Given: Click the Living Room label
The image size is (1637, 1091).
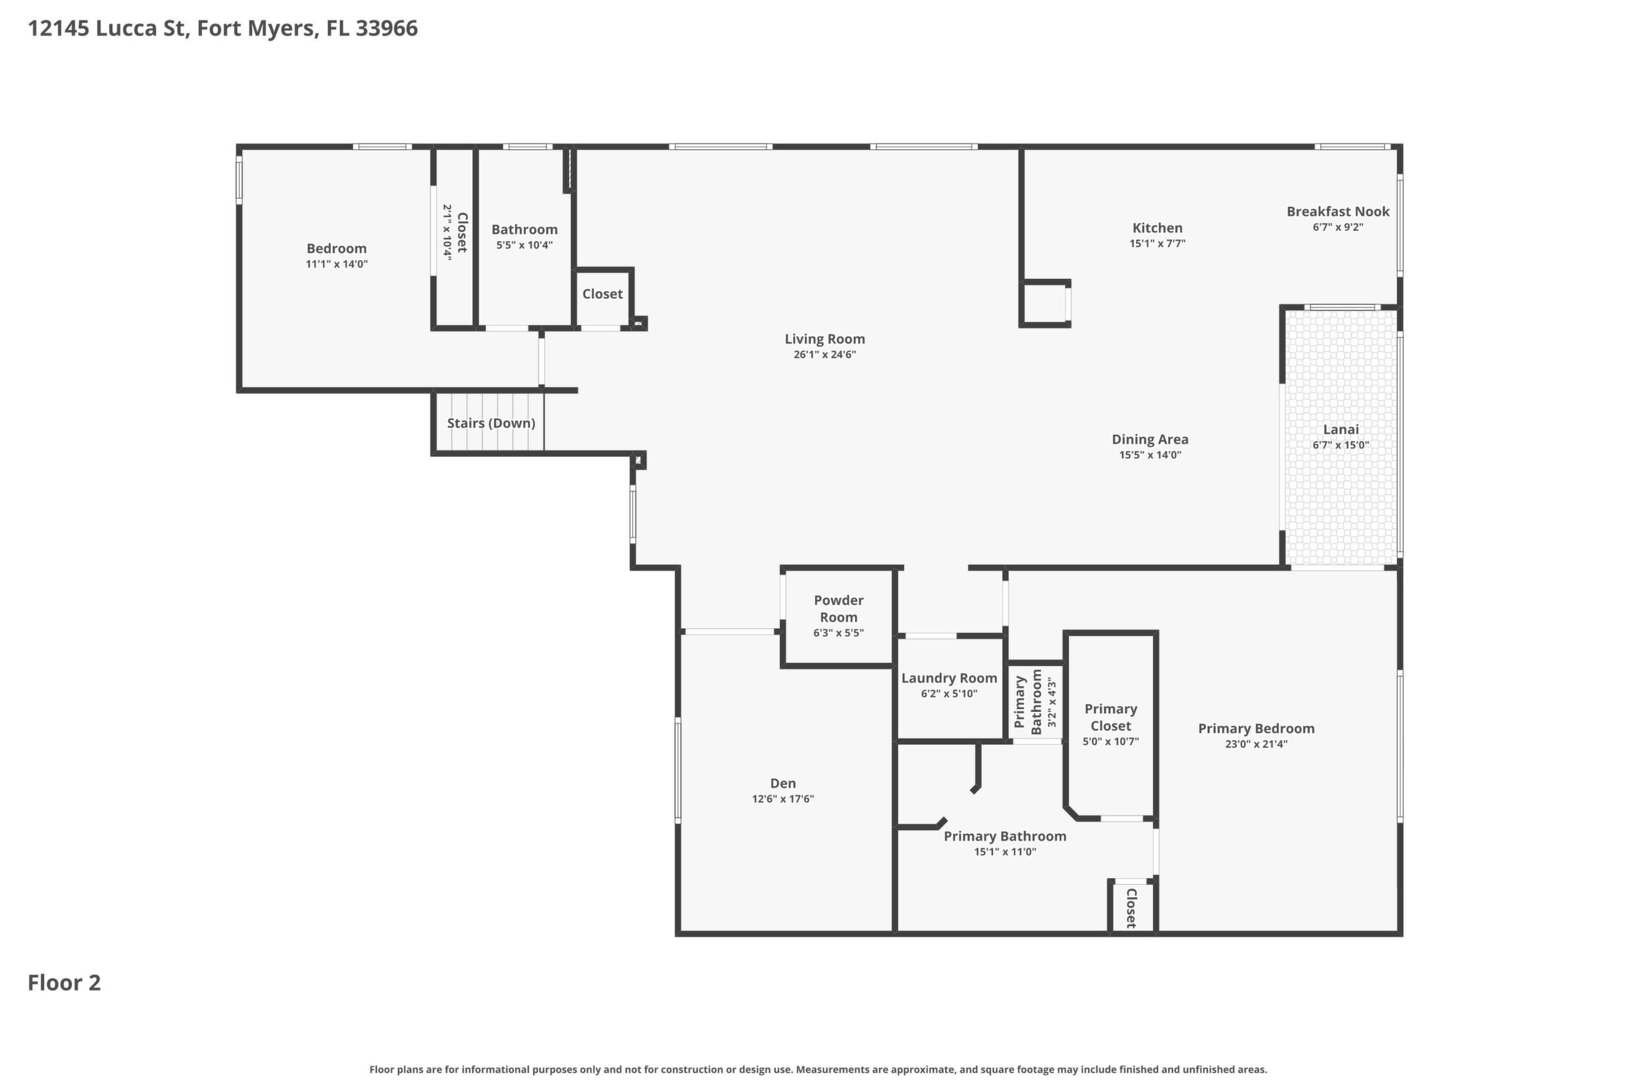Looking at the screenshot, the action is tap(825, 339).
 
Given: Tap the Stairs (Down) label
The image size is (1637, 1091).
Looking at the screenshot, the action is tap(491, 423).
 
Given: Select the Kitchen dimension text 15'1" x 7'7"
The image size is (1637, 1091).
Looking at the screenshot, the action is tap(1158, 243).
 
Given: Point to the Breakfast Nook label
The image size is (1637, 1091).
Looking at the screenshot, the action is tap(1338, 212).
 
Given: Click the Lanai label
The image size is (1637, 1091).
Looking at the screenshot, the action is tap(1341, 429).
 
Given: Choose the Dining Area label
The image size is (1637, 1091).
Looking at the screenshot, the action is tap(1150, 439).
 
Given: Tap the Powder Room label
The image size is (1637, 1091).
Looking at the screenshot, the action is tap(839, 608).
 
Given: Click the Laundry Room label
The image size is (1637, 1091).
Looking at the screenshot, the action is tap(950, 678).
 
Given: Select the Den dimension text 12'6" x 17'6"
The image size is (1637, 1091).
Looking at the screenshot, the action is tap(783, 799).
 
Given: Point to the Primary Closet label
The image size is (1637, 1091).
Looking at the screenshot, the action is tap(1111, 717).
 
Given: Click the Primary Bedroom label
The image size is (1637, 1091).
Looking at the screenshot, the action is tap(1257, 728).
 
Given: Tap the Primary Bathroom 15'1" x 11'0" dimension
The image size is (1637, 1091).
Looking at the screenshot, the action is tap(1005, 852).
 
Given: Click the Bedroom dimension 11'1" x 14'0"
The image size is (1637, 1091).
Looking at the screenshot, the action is tap(337, 264).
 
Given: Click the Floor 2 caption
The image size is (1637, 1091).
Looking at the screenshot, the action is tap(64, 982).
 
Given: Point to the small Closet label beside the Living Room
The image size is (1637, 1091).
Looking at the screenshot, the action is tap(603, 294).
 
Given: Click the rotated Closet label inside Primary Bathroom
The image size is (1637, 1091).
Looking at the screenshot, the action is tap(1131, 908).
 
